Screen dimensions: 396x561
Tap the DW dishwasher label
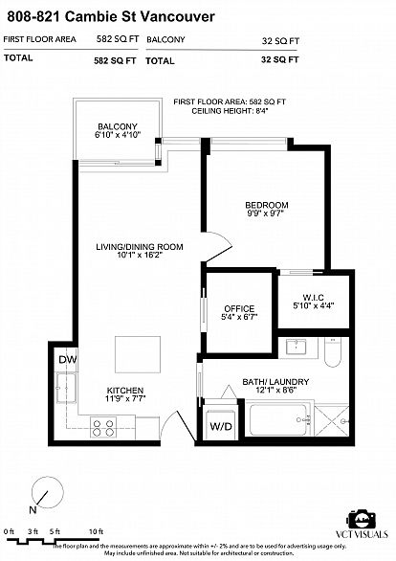click(68, 360)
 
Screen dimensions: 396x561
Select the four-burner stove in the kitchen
click(103, 428)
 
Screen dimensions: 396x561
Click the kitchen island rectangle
click(138, 354)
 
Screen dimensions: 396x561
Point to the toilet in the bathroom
click(333, 352)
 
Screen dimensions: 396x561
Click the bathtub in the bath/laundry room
click(279, 419)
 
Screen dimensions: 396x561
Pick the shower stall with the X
click(332, 421)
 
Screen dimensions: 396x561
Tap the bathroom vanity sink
click(296, 347)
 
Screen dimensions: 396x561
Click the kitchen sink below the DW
click(66, 388)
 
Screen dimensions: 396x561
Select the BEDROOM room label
click(267, 205)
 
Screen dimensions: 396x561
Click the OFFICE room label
click(239, 308)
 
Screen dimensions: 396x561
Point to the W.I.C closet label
click(314, 298)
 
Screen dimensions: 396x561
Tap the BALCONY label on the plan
click(118, 126)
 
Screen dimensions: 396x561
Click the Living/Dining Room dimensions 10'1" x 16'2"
click(140, 255)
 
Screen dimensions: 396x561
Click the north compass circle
click(48, 492)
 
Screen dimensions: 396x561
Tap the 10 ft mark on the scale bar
click(96, 531)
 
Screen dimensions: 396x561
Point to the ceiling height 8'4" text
click(230, 111)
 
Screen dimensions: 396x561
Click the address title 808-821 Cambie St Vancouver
click(111, 16)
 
